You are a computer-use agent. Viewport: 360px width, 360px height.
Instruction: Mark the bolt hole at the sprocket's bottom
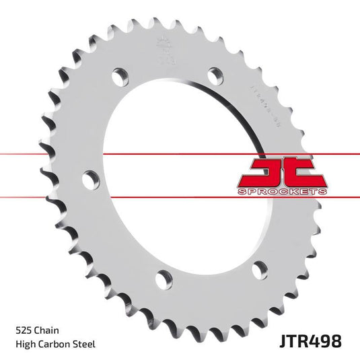(161, 276)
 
